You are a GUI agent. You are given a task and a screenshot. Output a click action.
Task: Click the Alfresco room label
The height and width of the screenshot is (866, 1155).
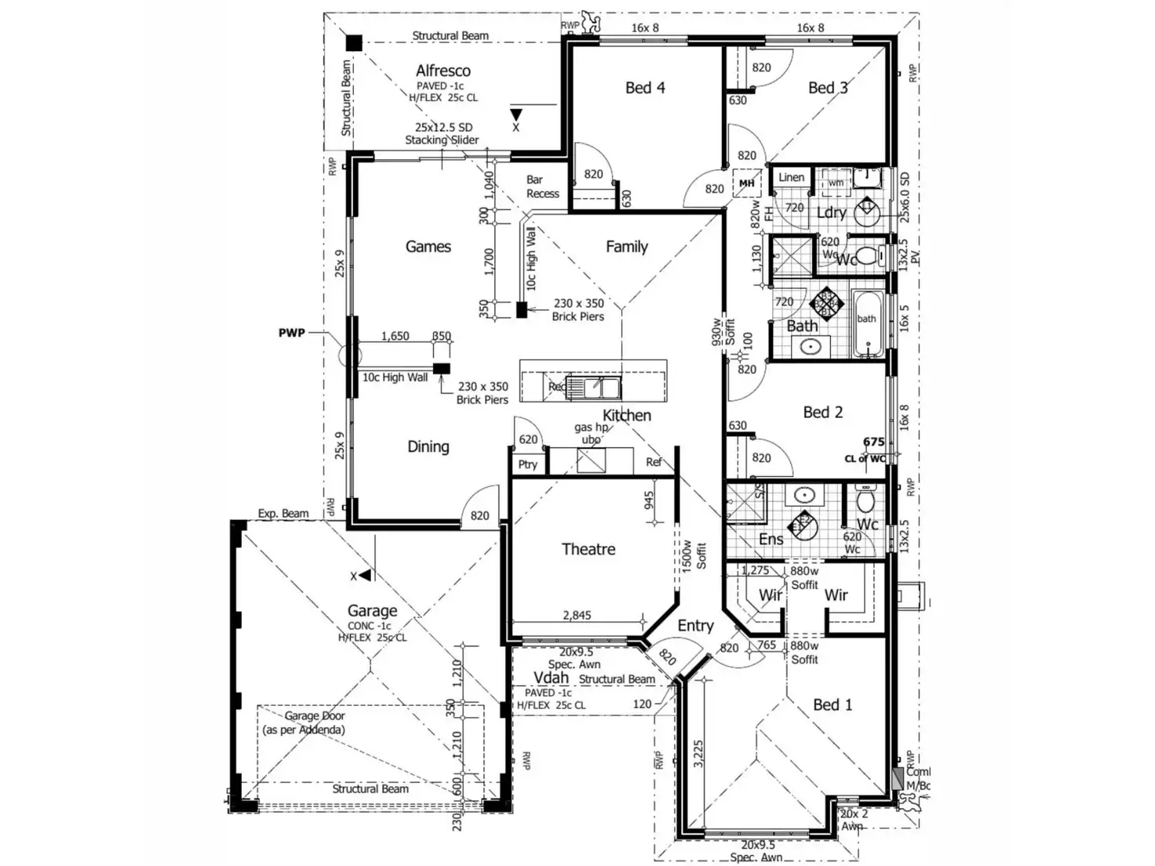click(x=443, y=71)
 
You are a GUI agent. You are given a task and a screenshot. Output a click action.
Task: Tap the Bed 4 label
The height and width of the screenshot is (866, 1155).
click(x=645, y=88)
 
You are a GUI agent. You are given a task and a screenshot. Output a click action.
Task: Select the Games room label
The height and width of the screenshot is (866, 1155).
click(x=428, y=246)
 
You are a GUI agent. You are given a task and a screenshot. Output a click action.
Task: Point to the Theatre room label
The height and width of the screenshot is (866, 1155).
click(x=588, y=549)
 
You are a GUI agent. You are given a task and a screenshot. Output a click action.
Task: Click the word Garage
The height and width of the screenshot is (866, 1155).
click(x=372, y=610)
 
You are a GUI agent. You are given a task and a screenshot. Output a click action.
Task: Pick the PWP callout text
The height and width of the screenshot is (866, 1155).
click(x=292, y=333)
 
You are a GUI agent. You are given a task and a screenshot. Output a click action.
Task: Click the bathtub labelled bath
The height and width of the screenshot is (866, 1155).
click(x=866, y=325)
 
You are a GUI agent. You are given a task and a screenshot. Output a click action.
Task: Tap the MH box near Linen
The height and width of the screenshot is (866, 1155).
click(x=746, y=184)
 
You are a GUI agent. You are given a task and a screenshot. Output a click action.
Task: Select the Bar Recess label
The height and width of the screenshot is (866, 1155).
click(x=542, y=187)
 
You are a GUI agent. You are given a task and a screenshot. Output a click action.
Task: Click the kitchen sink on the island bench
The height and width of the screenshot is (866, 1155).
click(x=592, y=387)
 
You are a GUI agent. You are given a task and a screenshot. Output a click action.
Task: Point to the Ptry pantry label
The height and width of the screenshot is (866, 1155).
click(x=527, y=464)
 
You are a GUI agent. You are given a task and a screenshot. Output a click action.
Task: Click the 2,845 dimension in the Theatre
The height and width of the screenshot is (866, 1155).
click(x=577, y=616)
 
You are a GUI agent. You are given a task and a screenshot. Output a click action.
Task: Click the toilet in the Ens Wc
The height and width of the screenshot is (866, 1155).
click(x=865, y=499)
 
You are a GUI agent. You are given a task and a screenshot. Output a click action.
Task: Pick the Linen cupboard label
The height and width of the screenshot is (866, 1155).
click(x=791, y=177)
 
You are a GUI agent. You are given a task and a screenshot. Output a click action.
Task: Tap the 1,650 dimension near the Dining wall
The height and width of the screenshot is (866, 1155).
click(x=395, y=336)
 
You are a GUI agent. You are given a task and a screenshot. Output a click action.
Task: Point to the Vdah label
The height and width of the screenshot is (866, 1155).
click(x=551, y=678)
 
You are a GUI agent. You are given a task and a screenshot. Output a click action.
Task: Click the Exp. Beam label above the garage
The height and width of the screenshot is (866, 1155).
click(x=283, y=514)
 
